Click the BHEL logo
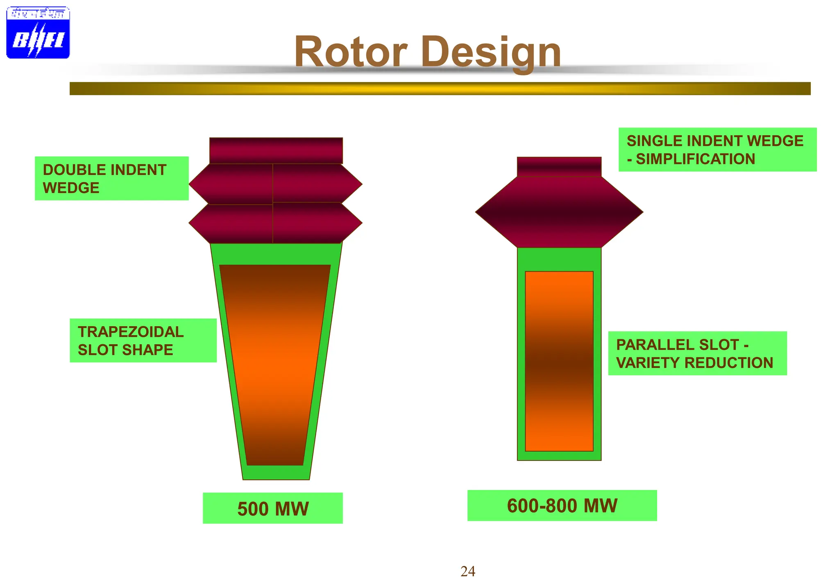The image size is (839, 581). [38, 32]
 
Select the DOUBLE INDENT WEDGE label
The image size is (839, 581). [111, 179]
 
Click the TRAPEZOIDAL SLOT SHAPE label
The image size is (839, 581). [143, 340]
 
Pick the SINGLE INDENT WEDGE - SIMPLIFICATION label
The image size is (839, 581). [717, 150]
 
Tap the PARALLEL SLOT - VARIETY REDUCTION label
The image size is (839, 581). [697, 353]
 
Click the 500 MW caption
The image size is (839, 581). [272, 508]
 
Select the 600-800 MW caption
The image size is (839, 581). [562, 506]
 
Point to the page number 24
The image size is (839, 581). [467, 571]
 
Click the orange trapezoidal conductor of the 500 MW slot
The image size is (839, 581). [275, 365]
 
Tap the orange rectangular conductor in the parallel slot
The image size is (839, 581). [559, 361]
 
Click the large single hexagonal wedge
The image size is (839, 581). [559, 212]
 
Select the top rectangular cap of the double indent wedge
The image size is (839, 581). [276, 150]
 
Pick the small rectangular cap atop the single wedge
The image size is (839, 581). [559, 167]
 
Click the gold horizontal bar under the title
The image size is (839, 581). [440, 89]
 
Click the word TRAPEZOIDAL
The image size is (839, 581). [131, 332]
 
